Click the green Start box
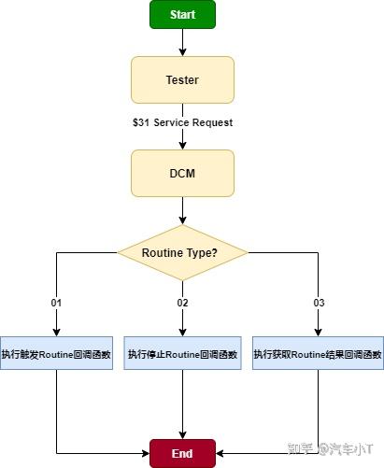pos(182,15)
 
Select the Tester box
pos(182,80)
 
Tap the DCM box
pos(182,173)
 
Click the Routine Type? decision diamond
pos(182,253)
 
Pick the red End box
pos(182,452)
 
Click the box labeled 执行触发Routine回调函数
pos(57,354)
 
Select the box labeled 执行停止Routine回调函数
pos(182,354)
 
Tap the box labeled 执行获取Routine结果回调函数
pos(318,354)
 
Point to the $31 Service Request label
pos(182,123)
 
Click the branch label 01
pos(57,303)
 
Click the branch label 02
pos(182,303)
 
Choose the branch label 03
pos(319,303)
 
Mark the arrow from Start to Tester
pos(182,43)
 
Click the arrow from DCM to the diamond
pos(182,210)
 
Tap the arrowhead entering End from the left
pos(146,452)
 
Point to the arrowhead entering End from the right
pos(220,452)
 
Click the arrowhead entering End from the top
pos(182,434)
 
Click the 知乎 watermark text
pos(304,449)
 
